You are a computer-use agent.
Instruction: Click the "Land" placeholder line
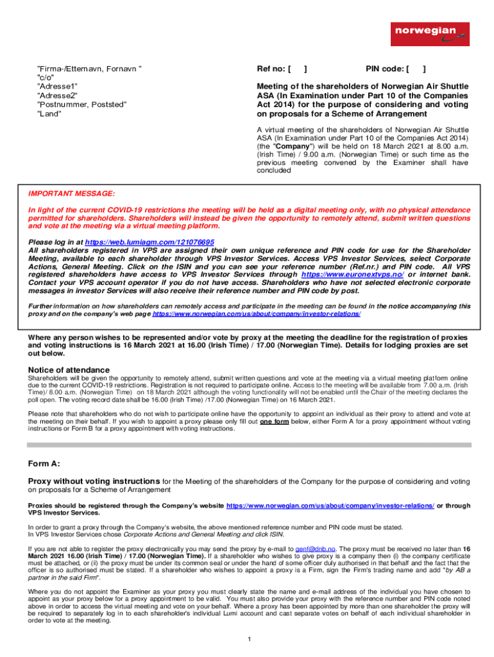click(50, 114)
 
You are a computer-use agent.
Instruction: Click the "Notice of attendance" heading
click(69, 370)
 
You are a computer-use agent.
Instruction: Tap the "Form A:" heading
click(44, 464)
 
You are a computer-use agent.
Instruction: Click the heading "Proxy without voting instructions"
click(94, 481)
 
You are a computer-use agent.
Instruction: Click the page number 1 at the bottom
click(248, 639)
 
